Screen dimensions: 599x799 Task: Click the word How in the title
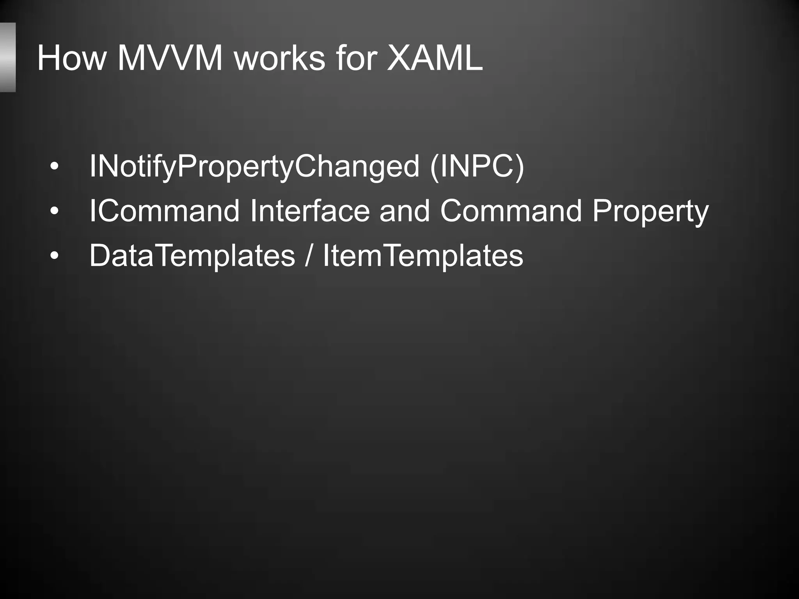pyautogui.click(x=72, y=58)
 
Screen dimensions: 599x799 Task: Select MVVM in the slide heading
pyautogui.click(x=170, y=58)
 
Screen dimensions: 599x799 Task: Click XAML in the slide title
pyautogui.click(x=435, y=58)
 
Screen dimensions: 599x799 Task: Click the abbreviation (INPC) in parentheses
pyautogui.click(x=477, y=167)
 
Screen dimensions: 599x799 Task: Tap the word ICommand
pyautogui.click(x=164, y=211)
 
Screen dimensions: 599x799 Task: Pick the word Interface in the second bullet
pyautogui.click(x=310, y=211)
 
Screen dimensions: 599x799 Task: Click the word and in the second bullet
pyautogui.click(x=405, y=211)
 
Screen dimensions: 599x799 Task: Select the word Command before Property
pyautogui.click(x=511, y=211)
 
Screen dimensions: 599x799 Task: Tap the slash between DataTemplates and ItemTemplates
pyautogui.click(x=309, y=255)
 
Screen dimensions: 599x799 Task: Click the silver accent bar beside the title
pyautogui.click(x=7, y=57)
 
